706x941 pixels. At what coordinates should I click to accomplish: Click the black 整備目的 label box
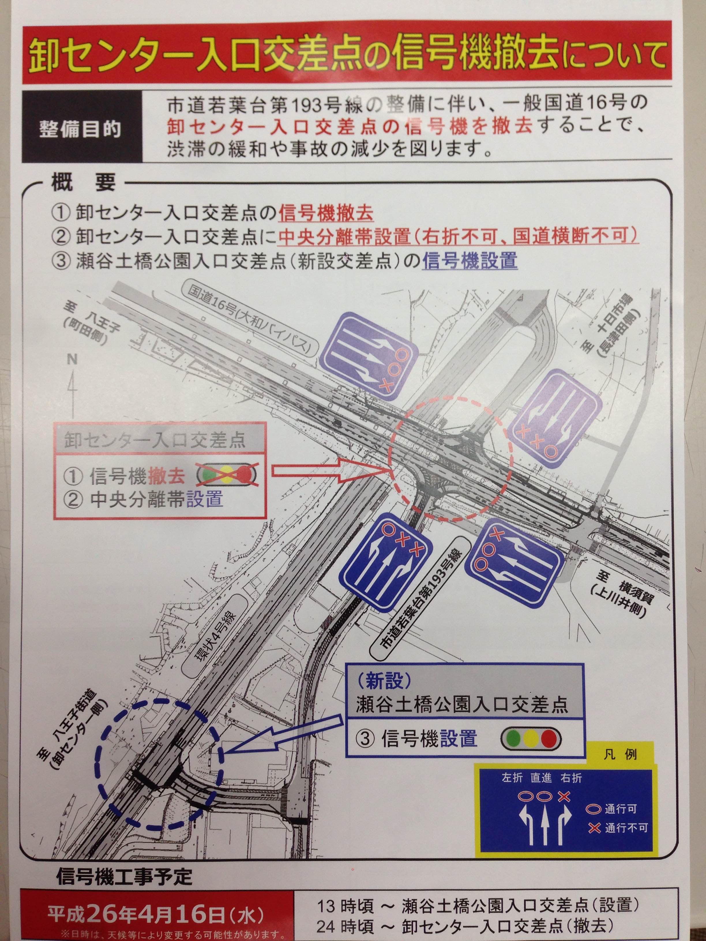coord(81,129)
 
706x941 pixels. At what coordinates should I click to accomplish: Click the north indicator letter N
coord(72,360)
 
